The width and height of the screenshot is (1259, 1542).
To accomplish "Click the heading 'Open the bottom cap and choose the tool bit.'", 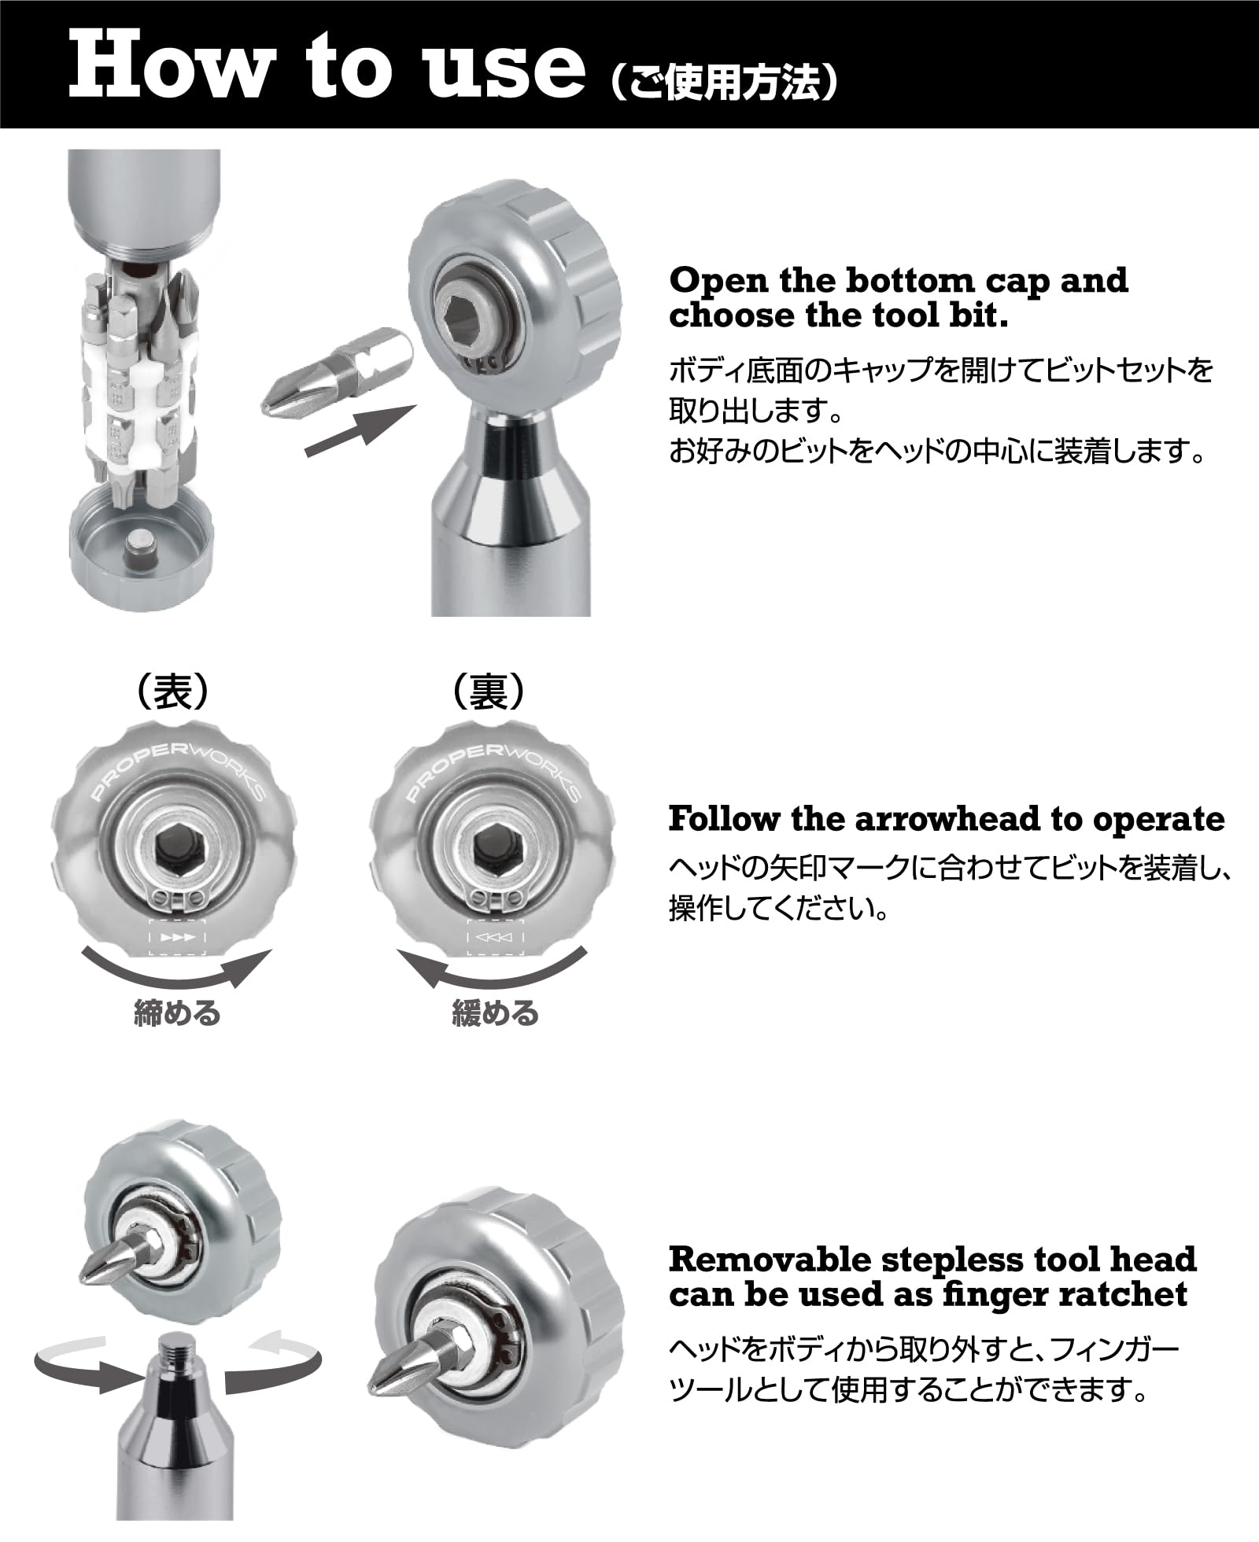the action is [x=898, y=298].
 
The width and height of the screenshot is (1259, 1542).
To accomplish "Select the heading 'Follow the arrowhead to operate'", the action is [x=947, y=819].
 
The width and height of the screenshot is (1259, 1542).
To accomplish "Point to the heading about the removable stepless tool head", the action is [x=932, y=1276].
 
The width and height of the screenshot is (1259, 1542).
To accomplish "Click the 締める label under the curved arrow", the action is [x=177, y=1013].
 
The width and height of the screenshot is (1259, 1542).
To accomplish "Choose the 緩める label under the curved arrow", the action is [x=495, y=1013].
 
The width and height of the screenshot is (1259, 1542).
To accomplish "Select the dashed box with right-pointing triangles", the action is [x=177, y=937].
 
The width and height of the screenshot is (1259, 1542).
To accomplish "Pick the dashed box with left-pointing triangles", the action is [x=496, y=937].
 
